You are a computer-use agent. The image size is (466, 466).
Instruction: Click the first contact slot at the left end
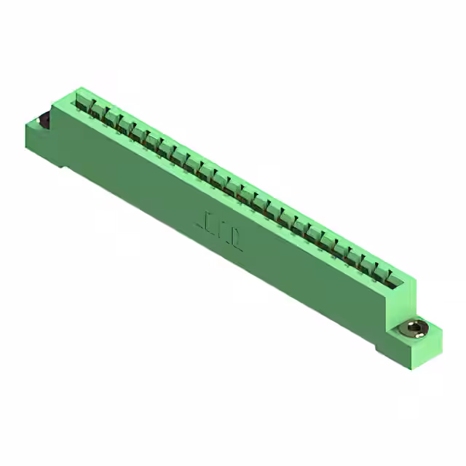(82, 101)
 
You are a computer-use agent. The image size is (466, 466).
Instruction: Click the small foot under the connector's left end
(66, 169)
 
